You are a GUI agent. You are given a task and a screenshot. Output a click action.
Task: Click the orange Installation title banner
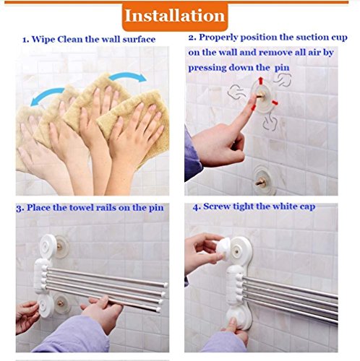click(175, 17)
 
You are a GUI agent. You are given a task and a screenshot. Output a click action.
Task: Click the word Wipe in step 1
click(43, 40)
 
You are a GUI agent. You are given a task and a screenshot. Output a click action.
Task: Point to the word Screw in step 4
click(217, 206)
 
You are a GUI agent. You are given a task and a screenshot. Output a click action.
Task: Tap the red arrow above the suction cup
click(261, 81)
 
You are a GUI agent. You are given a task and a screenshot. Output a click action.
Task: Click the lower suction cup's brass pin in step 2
click(261, 182)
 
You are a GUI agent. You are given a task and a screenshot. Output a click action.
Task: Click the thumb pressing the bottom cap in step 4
click(232, 323)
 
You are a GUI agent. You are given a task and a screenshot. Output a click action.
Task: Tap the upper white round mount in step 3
click(48, 246)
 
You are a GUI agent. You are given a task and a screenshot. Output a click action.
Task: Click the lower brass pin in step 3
click(60, 303)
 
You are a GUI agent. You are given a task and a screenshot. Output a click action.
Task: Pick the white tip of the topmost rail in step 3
click(165, 285)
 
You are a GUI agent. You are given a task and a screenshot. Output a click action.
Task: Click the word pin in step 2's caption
click(282, 68)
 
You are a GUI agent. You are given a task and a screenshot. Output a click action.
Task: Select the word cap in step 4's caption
click(307, 207)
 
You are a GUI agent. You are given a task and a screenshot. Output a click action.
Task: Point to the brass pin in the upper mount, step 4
click(237, 252)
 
